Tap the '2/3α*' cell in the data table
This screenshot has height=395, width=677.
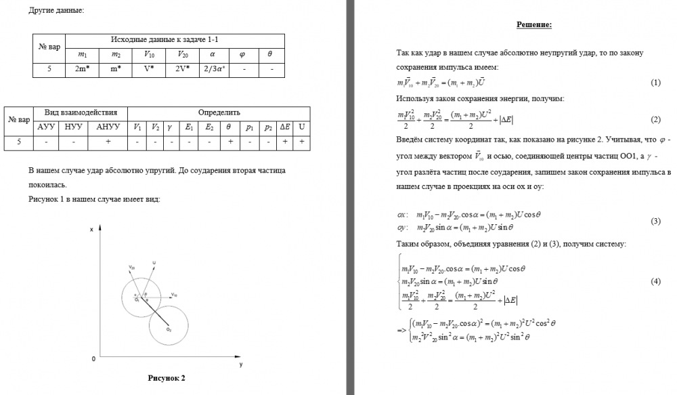click(x=213, y=69)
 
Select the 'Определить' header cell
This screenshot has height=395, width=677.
click(x=219, y=112)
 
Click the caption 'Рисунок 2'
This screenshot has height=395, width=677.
click(x=167, y=377)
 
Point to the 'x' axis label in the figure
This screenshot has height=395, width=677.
click(x=91, y=230)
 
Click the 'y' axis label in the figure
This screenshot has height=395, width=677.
click(x=240, y=365)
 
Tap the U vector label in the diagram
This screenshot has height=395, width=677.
click(x=155, y=262)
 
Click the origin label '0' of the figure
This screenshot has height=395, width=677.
click(x=93, y=358)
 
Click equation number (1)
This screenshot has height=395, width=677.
click(x=655, y=83)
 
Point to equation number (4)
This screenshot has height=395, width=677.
click(x=655, y=281)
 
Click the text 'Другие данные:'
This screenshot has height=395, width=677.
click(x=57, y=9)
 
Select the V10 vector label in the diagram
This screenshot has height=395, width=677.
click(x=174, y=295)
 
